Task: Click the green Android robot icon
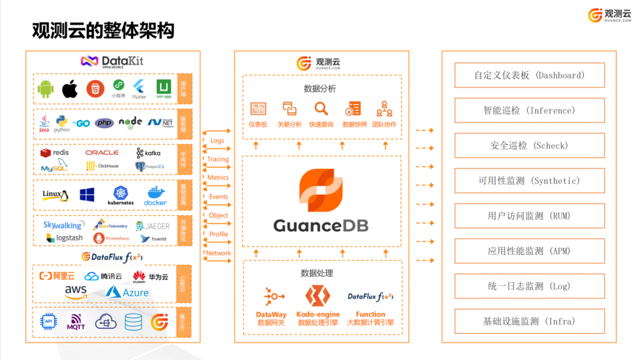(x=46, y=89)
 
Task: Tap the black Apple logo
(x=70, y=89)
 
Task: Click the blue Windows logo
(x=87, y=194)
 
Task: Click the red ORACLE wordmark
(x=101, y=153)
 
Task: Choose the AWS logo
(x=76, y=292)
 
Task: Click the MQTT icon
(x=75, y=322)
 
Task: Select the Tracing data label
(x=218, y=159)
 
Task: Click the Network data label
(x=218, y=254)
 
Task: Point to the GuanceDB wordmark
(x=321, y=225)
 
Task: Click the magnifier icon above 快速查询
(x=321, y=109)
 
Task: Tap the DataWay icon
(x=273, y=296)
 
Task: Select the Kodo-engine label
(x=318, y=314)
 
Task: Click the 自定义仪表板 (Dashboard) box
(x=529, y=75)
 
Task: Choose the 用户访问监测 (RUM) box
(x=529, y=216)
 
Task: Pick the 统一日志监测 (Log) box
(x=529, y=286)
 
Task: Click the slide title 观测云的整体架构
(x=103, y=30)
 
